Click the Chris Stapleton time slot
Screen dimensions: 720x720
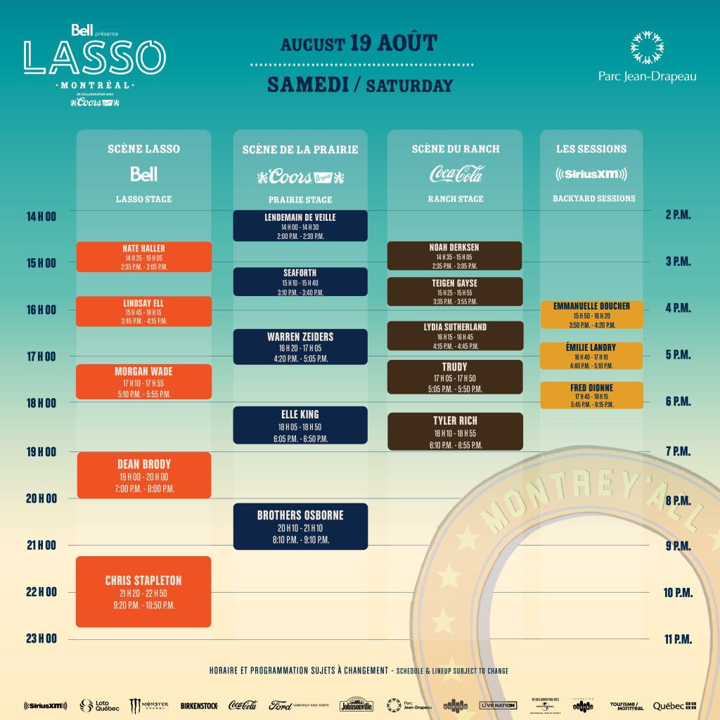click(x=143, y=591)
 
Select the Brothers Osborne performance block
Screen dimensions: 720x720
click(x=300, y=527)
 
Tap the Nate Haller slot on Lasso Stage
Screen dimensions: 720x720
click(x=143, y=257)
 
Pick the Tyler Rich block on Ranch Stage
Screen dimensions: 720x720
click(x=455, y=432)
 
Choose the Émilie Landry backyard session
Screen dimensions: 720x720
click(x=591, y=355)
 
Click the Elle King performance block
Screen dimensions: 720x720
click(x=300, y=425)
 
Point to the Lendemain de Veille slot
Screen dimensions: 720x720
click(x=300, y=226)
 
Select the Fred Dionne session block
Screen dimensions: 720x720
click(x=591, y=395)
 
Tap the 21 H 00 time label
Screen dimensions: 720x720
click(x=41, y=546)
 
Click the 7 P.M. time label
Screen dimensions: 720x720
click(x=678, y=451)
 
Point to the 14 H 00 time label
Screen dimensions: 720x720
click(x=41, y=217)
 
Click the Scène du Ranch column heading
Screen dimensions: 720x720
click(x=456, y=149)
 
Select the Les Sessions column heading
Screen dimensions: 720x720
click(x=591, y=149)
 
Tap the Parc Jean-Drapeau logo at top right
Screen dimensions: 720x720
click(x=648, y=56)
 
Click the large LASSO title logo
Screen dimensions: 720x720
click(x=95, y=58)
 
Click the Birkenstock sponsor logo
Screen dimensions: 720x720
click(x=199, y=705)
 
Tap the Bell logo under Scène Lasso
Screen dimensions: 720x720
click(x=143, y=174)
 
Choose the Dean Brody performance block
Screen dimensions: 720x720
click(x=143, y=475)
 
